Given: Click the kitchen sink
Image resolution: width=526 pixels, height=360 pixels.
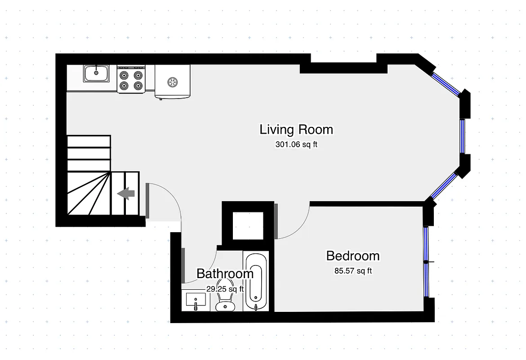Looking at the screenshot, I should [x=96, y=73].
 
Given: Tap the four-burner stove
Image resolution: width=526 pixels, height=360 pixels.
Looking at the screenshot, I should [x=131, y=79].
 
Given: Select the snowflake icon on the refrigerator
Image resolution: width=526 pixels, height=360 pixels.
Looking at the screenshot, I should [x=172, y=82].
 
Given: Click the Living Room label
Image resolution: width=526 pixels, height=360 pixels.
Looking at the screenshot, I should [x=296, y=130].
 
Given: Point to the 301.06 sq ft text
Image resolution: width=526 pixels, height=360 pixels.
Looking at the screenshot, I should [x=296, y=145].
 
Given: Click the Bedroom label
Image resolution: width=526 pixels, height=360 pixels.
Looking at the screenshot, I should [x=353, y=256].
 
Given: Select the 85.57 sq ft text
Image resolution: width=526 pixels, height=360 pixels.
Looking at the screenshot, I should [x=353, y=271].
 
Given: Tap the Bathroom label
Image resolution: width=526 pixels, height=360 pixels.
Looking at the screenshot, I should [x=225, y=274].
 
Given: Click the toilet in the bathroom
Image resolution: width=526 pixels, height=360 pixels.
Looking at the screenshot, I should [x=225, y=301].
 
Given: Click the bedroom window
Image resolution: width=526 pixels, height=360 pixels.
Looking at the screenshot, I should [x=426, y=261].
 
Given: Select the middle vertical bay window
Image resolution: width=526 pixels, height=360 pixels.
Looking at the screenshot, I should [x=463, y=136].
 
